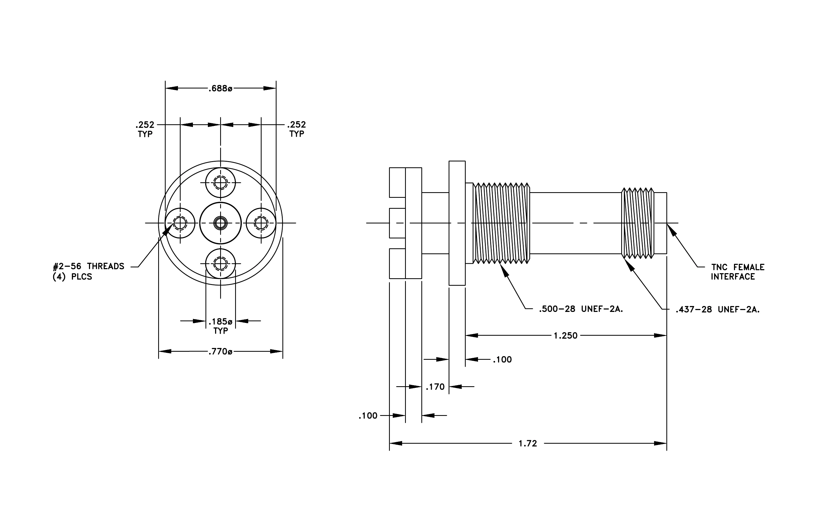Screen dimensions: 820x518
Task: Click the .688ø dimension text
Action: point(220,88)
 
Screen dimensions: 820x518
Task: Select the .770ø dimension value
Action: point(220,351)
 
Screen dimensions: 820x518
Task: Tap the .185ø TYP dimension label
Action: point(221,326)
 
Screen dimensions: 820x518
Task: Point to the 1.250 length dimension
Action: point(566,336)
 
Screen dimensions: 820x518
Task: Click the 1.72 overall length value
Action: point(528,443)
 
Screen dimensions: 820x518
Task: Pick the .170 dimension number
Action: point(435,387)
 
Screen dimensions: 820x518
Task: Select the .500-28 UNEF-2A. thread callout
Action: point(581,309)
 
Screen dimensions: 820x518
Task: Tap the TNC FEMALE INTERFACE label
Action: point(738,272)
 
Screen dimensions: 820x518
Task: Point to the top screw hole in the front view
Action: point(221,183)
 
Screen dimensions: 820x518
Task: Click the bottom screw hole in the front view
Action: point(221,264)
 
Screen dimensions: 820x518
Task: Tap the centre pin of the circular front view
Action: point(221,223)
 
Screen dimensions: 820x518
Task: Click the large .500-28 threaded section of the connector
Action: point(501,223)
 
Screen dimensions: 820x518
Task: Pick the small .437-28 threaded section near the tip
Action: point(638,223)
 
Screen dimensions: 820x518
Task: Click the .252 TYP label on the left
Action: point(145,129)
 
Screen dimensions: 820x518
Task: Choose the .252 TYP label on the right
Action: point(297,129)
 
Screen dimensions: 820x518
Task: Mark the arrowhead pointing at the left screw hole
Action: point(167,230)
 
